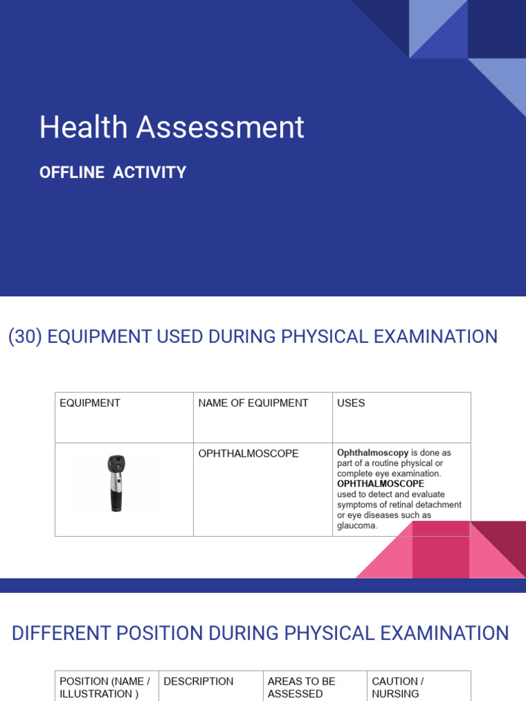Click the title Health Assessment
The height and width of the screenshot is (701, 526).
coord(171,128)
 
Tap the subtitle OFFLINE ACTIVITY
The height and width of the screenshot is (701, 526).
coord(113,173)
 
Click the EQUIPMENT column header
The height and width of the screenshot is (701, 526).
coord(90,403)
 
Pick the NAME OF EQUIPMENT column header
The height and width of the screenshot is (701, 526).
coord(253,403)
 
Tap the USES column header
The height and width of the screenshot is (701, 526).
coord(351,403)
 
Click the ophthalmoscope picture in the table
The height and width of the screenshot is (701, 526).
coord(116,483)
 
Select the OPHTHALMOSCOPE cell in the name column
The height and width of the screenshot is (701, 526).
coord(248,454)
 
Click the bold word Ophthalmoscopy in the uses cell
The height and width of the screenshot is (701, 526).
coord(373,453)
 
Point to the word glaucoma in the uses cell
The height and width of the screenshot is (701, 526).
coord(357,525)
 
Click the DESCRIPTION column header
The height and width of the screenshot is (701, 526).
coord(199,682)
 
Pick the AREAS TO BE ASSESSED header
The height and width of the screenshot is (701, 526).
coord(301,687)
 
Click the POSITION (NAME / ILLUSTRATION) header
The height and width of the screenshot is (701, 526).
coord(104,687)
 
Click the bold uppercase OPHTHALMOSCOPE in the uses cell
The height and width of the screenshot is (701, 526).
coord(381,483)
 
